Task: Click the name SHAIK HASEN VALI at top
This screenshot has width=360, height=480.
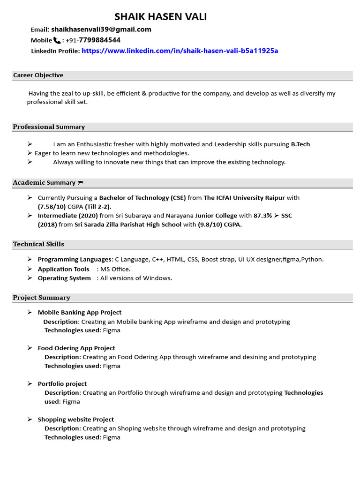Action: [x=160, y=17]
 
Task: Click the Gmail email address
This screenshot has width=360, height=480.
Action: [x=101, y=30]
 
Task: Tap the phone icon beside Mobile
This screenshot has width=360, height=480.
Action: [x=57, y=40]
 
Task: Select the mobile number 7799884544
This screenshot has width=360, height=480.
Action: [x=99, y=40]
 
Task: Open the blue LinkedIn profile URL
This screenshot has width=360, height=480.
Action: [x=180, y=51]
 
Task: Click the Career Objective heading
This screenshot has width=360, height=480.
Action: [x=38, y=75]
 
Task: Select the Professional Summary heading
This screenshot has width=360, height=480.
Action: [x=49, y=127]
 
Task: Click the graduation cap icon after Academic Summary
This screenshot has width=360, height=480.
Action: [x=81, y=183]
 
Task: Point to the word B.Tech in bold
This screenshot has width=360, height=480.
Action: [x=300, y=144]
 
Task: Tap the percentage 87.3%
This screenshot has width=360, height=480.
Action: [x=262, y=216]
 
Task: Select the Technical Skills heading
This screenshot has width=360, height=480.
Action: [x=38, y=244]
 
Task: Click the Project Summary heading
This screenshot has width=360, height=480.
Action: [x=42, y=298]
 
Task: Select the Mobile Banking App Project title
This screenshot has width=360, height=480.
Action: [x=80, y=312]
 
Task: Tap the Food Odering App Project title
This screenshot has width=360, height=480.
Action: [x=76, y=348]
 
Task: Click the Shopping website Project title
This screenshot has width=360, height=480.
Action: [x=76, y=419]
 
